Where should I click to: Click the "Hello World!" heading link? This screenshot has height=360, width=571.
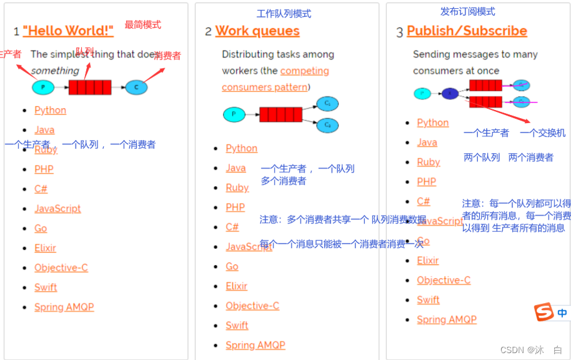[x=68, y=31]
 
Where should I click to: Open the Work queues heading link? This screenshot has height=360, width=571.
[x=257, y=31]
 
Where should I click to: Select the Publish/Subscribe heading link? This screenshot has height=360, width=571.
[x=467, y=31]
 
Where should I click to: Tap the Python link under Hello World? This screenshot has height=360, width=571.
[x=50, y=110]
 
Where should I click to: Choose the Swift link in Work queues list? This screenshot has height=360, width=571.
[x=237, y=325]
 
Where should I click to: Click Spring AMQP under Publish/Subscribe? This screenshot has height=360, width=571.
[x=447, y=319]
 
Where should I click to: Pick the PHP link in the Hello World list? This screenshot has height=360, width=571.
[x=44, y=169]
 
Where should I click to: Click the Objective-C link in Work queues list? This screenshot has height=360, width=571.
[x=252, y=306]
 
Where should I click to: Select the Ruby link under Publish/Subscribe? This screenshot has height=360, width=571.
[x=429, y=162]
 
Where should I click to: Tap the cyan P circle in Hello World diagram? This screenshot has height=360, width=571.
[x=43, y=87]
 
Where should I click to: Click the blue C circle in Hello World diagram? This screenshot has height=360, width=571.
[x=136, y=87]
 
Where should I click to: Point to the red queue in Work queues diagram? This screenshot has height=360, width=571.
[x=281, y=114]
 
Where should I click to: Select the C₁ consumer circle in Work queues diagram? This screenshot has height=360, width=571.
[x=327, y=104]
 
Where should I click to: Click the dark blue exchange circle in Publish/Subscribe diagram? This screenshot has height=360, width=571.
[x=450, y=94]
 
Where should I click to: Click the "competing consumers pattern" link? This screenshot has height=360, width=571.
[x=276, y=79]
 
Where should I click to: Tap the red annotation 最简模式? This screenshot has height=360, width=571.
[x=142, y=24]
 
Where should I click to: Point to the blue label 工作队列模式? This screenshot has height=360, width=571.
[x=284, y=13]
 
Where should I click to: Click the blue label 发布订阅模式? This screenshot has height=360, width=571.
[x=467, y=11]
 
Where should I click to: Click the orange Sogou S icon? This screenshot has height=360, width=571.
[x=544, y=311]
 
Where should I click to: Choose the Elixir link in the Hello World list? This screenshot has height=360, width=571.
[x=45, y=247]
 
